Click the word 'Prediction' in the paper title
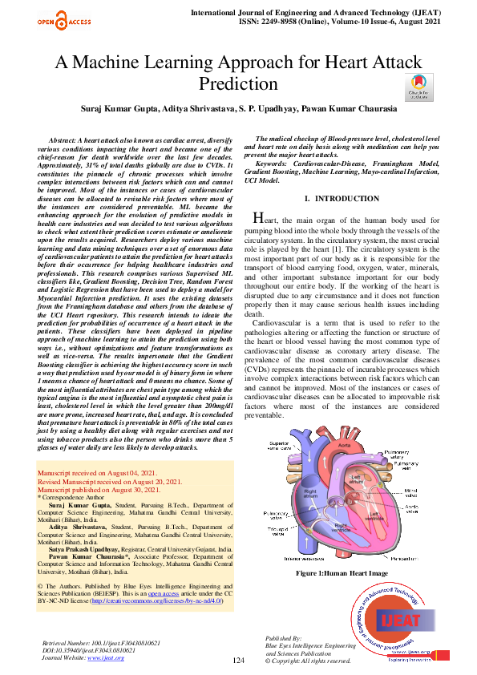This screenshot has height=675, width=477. [x=238, y=84]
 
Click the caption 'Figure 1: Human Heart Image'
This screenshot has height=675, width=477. [x=342, y=574]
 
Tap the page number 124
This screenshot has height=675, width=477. [x=237, y=660]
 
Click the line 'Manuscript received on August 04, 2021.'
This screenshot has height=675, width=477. [x=97, y=475]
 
